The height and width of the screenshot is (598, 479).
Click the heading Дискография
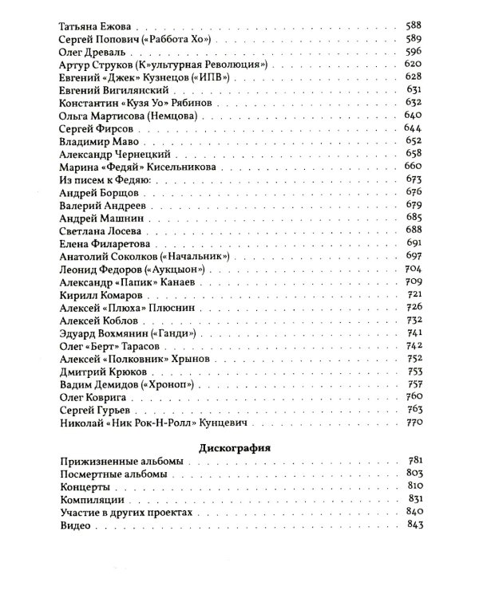coord(239,447)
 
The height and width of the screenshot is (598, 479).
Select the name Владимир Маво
coord(98,146)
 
